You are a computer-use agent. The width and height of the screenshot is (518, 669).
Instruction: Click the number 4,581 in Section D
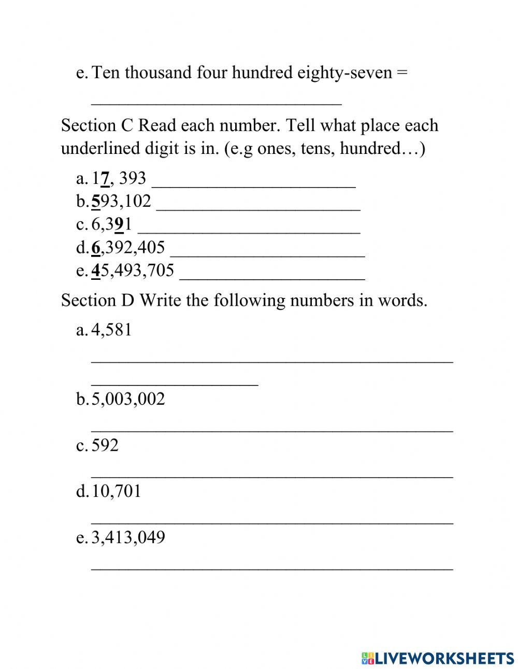point(111,330)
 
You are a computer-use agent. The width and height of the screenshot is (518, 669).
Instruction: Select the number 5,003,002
point(128,399)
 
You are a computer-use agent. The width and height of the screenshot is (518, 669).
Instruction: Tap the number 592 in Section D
point(105,445)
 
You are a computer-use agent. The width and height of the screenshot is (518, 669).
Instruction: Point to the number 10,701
point(116,491)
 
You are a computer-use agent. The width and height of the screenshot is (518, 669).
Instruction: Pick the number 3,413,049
point(128,537)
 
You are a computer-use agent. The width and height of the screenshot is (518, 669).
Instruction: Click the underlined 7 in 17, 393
point(105,179)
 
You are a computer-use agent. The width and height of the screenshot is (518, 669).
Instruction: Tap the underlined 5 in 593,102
point(95,201)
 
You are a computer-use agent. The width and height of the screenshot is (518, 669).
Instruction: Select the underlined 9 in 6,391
point(119,224)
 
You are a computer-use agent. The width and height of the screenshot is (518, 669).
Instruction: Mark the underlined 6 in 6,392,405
point(95,248)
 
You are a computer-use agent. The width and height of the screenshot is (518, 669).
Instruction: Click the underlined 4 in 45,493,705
point(95,271)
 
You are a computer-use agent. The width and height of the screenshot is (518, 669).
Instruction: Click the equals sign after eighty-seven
point(402,72)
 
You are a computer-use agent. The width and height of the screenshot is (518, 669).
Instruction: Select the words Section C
point(97,125)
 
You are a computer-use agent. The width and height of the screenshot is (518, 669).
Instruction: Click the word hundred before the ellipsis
point(370,149)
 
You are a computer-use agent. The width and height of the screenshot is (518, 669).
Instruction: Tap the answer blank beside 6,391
point(249,231)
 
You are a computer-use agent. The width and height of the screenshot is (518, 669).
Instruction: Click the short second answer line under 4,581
point(175,384)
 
